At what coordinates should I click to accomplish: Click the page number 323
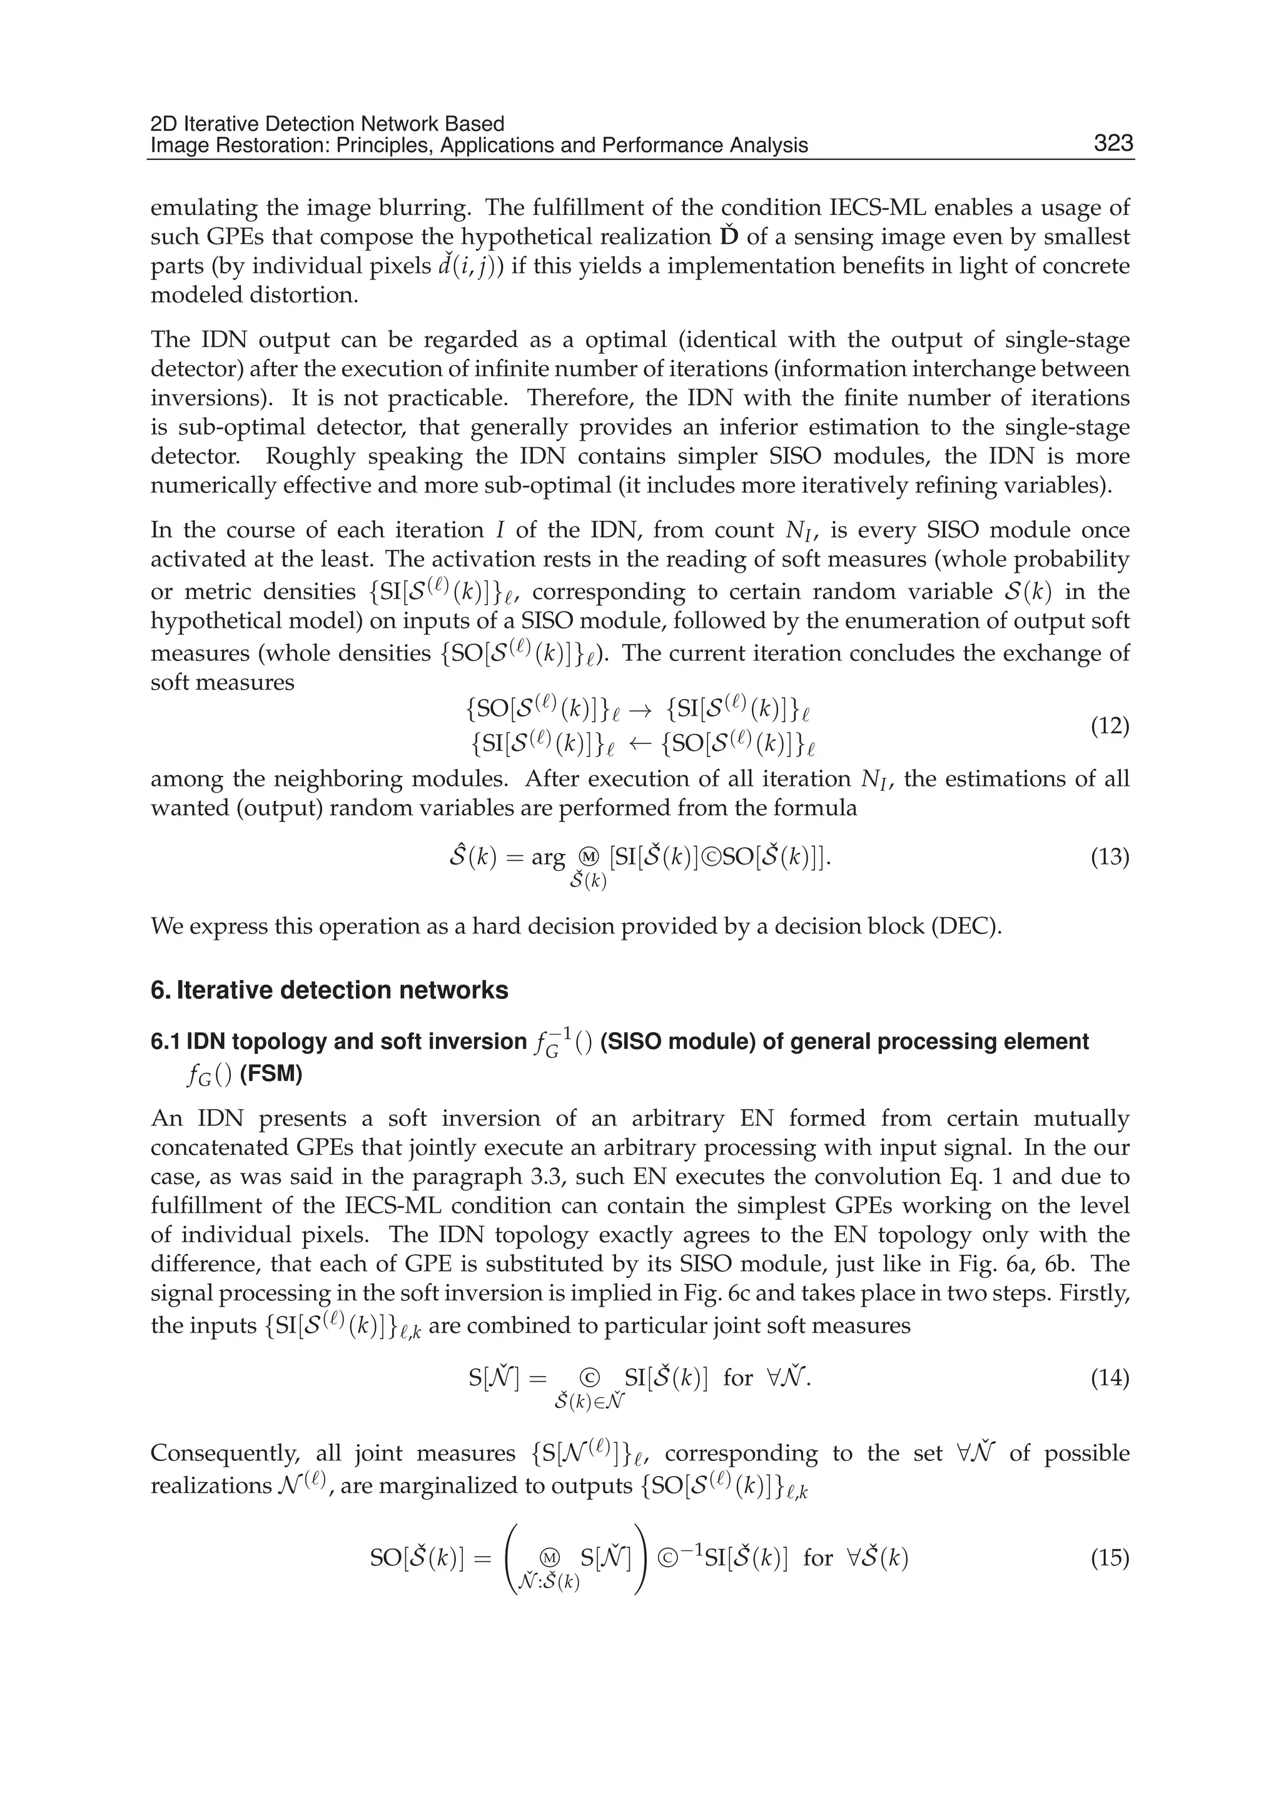tap(1113, 144)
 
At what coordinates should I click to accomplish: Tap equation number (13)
tap(1109, 856)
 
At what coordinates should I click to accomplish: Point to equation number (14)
tap(1109, 1379)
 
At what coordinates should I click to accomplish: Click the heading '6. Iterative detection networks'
tap(329, 990)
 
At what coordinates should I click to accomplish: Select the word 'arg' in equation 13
tap(548, 856)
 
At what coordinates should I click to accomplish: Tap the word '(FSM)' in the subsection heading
tap(271, 1075)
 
